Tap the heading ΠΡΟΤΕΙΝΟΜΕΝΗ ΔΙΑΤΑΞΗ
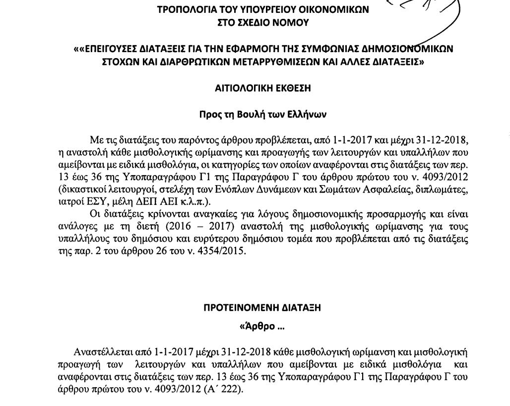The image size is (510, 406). pyautogui.click(x=262, y=308)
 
